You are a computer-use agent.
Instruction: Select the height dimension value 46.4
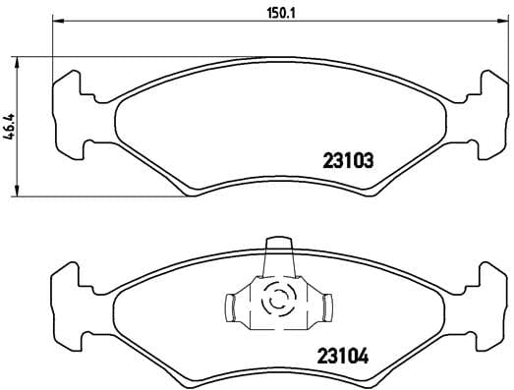(9, 126)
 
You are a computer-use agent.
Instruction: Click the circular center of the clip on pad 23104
(277, 298)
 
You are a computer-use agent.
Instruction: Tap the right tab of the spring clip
(321, 307)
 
